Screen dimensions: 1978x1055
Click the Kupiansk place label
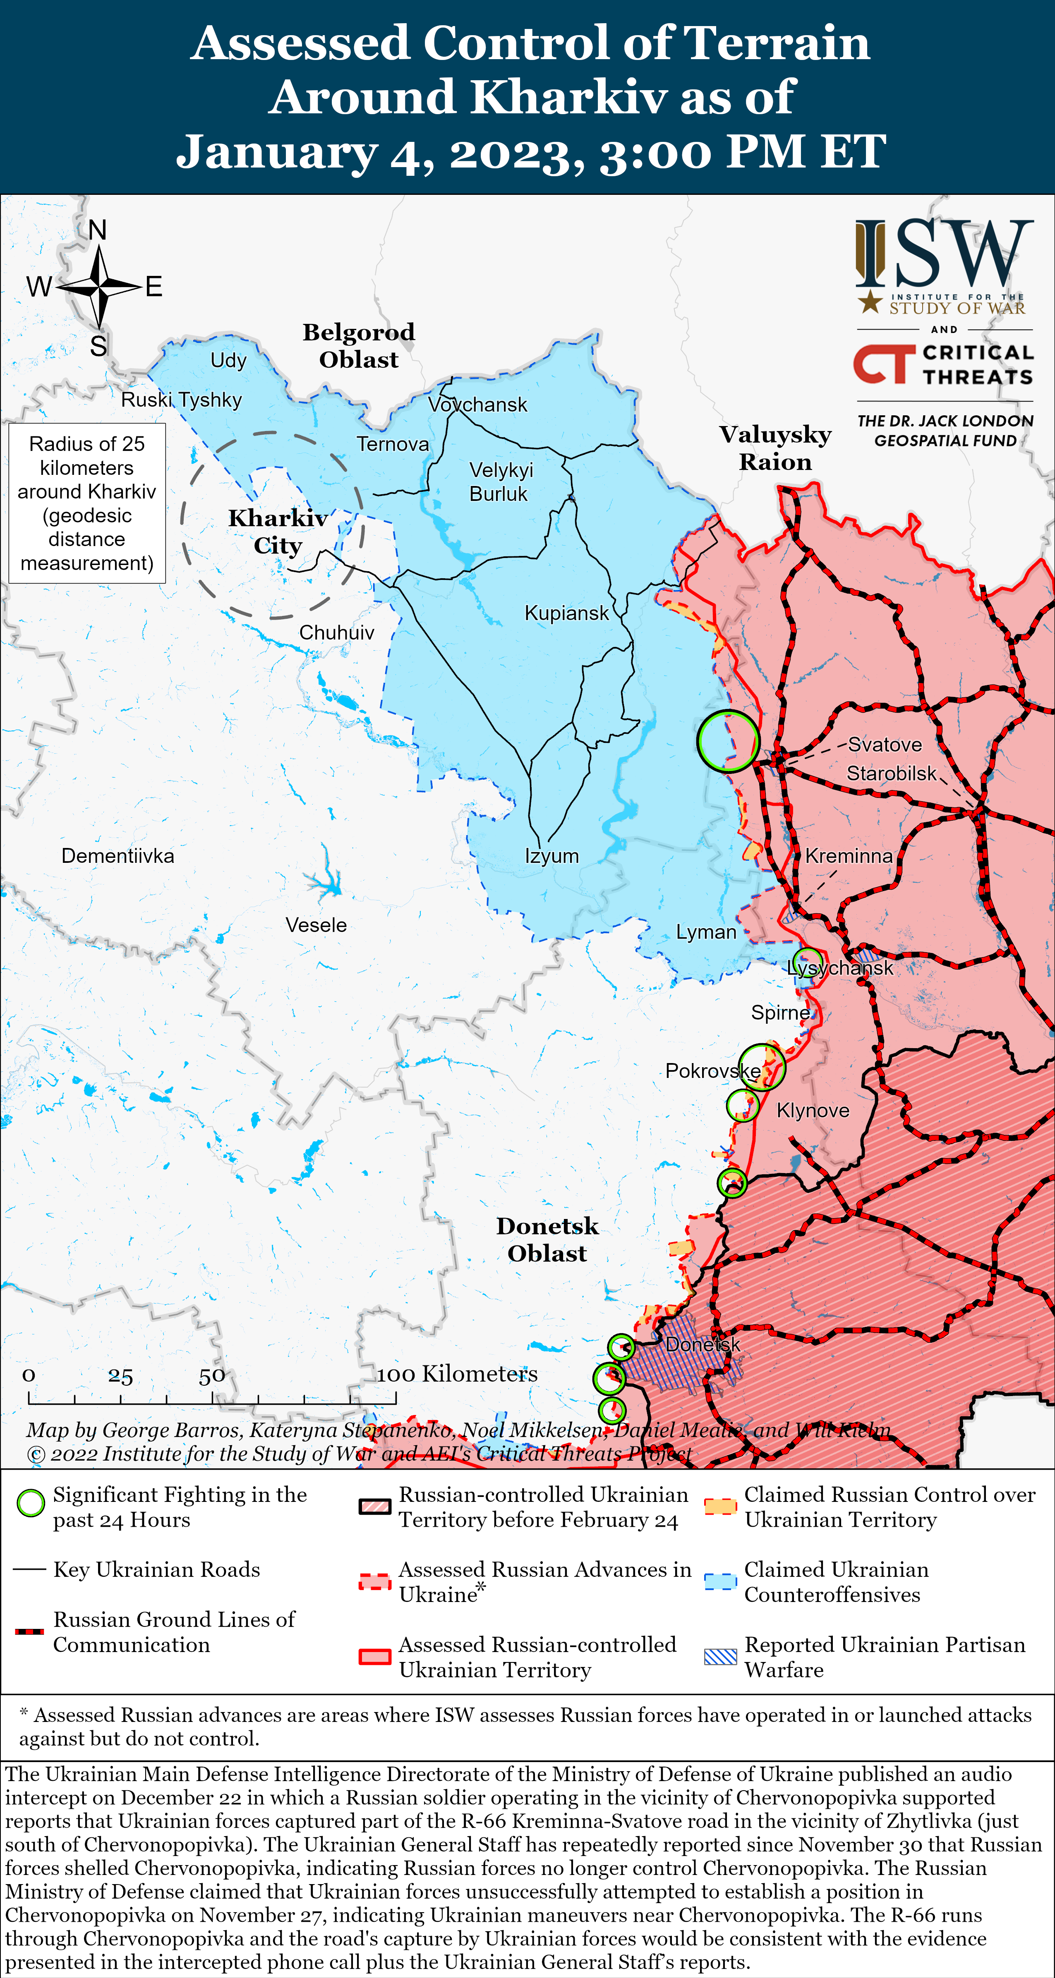tap(566, 613)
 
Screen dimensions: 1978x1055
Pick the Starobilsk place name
tap(891, 773)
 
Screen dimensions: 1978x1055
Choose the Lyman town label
tap(706, 932)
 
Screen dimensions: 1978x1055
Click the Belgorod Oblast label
tap(359, 345)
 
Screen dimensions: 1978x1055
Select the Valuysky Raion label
tap(775, 448)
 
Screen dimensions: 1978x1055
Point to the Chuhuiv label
tap(336, 633)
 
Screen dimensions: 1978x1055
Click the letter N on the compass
tap(98, 230)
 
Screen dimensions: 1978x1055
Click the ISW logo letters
tap(945, 254)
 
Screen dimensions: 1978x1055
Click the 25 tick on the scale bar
tap(120, 1377)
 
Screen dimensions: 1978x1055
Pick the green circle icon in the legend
tap(31, 1504)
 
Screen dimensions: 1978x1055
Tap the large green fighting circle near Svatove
tap(728, 741)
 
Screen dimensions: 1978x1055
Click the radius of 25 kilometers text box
tap(87, 503)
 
